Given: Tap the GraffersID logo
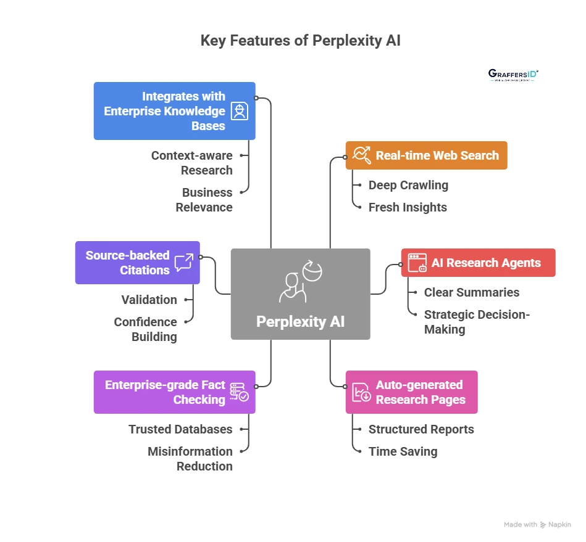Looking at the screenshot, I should click(513, 75).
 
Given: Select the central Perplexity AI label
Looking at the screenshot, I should click(300, 321).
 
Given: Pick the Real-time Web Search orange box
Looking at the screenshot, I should click(426, 155).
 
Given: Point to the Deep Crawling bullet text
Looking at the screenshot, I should click(408, 185).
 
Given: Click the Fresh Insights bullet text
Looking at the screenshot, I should click(408, 207).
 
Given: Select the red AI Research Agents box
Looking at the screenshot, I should click(478, 263).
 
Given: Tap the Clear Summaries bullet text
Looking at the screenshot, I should click(471, 292).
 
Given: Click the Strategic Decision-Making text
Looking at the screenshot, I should click(477, 322).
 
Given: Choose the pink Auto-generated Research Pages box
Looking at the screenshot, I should click(411, 392).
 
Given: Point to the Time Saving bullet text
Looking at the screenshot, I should click(403, 451).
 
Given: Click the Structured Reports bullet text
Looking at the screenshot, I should click(421, 429).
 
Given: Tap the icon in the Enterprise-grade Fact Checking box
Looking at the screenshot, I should click(239, 392).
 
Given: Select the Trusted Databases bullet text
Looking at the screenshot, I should click(180, 429).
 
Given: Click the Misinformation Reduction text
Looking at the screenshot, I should click(190, 459).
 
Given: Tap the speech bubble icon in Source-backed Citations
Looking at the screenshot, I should click(183, 263).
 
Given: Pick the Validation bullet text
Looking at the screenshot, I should click(149, 300).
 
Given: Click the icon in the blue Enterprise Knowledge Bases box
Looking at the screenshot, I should click(239, 111).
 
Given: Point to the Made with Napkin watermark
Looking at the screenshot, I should click(537, 525).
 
